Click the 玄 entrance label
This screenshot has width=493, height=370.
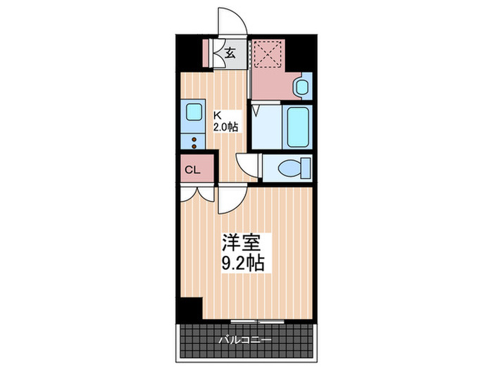[x=231, y=51]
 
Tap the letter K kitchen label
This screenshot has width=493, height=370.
[x=218, y=116]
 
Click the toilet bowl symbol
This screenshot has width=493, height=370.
[x=291, y=168]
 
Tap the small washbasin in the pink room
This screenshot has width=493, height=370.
[x=301, y=88]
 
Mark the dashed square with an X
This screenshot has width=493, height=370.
[x=267, y=54]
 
